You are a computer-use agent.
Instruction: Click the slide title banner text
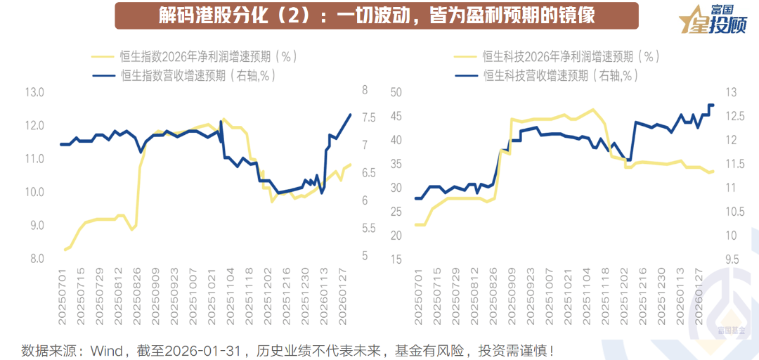[376, 15]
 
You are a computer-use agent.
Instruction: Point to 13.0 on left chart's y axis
[34, 92]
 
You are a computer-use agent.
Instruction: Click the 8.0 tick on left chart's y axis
[34, 259]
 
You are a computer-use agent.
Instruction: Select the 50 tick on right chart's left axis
[395, 92]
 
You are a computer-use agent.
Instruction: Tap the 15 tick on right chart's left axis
[395, 259]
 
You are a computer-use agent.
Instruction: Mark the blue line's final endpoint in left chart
[351, 115]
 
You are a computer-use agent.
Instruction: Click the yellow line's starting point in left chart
[65, 250]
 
